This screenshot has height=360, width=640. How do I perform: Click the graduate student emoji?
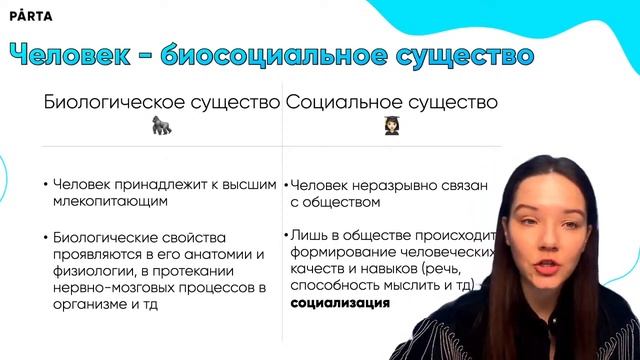tap(392, 126)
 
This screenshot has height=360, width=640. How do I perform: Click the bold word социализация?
tap(340, 303)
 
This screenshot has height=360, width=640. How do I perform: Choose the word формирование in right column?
tap(339, 252)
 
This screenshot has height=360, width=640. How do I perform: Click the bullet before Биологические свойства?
tap(47, 237)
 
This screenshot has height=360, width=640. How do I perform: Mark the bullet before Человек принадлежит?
tap(47, 185)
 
